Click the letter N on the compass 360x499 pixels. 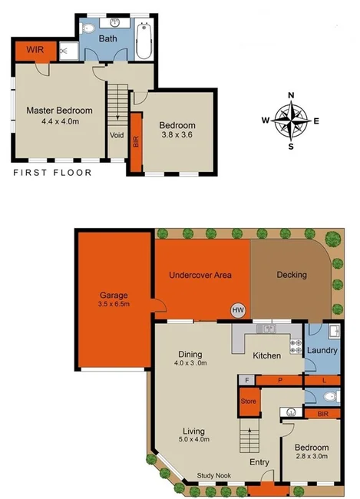coord(291,96)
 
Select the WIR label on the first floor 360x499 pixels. coord(35,50)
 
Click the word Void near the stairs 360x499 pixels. coord(117,135)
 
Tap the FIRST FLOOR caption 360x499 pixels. coord(52,173)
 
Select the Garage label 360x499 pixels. coord(113,295)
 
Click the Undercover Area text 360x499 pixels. coord(200,275)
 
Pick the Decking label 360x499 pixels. coord(292,275)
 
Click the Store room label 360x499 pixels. coord(248,400)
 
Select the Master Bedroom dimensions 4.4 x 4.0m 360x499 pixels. coord(59,121)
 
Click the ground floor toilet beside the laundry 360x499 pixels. coord(330,397)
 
